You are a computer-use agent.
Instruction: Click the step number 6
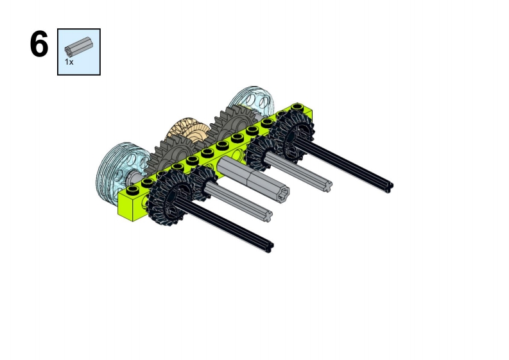[39, 44]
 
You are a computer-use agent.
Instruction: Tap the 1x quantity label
[69, 62]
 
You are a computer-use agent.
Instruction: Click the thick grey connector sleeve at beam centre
[253, 177]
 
